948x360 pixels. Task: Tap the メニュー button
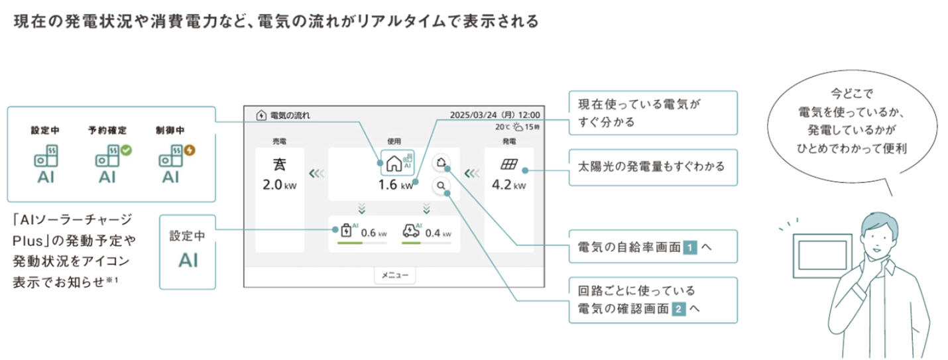tap(395, 275)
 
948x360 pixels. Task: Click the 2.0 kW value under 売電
tap(279, 184)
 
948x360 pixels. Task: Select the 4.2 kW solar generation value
tap(508, 184)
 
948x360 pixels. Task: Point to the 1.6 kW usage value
tap(395, 185)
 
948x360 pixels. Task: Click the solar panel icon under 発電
tap(508, 163)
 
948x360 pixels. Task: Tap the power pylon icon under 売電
tap(279, 163)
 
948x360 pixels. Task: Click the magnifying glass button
tap(441, 186)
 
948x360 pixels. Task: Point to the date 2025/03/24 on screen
tap(476, 115)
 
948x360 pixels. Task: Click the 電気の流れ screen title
tap(290, 115)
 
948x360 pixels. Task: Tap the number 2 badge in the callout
tap(678, 308)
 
